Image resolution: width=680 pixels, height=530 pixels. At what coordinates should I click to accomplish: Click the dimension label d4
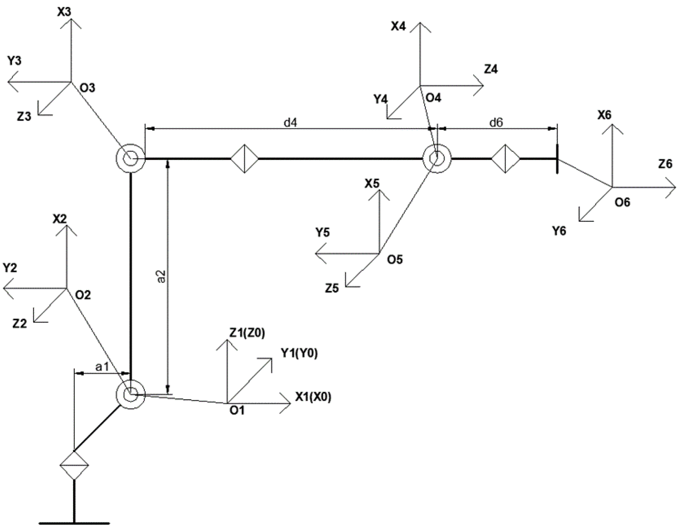tap(290, 123)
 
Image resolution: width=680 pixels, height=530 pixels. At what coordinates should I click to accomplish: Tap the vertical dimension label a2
tap(161, 276)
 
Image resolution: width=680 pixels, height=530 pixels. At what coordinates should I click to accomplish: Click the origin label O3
tap(87, 88)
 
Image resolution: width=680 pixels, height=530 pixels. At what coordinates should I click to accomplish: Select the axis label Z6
tap(665, 164)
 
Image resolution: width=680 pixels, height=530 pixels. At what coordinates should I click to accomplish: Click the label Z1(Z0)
tap(247, 333)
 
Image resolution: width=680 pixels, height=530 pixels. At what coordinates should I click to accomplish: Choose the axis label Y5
tap(322, 232)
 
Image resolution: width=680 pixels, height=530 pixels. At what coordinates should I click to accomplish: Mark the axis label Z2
tap(20, 324)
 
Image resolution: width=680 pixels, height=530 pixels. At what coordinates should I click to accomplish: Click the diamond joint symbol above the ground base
tap(74, 465)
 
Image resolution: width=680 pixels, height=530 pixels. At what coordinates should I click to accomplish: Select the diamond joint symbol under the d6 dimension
tap(505, 159)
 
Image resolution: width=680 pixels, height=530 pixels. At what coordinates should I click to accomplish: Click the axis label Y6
tap(559, 231)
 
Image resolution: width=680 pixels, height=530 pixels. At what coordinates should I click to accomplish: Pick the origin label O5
tap(395, 259)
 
